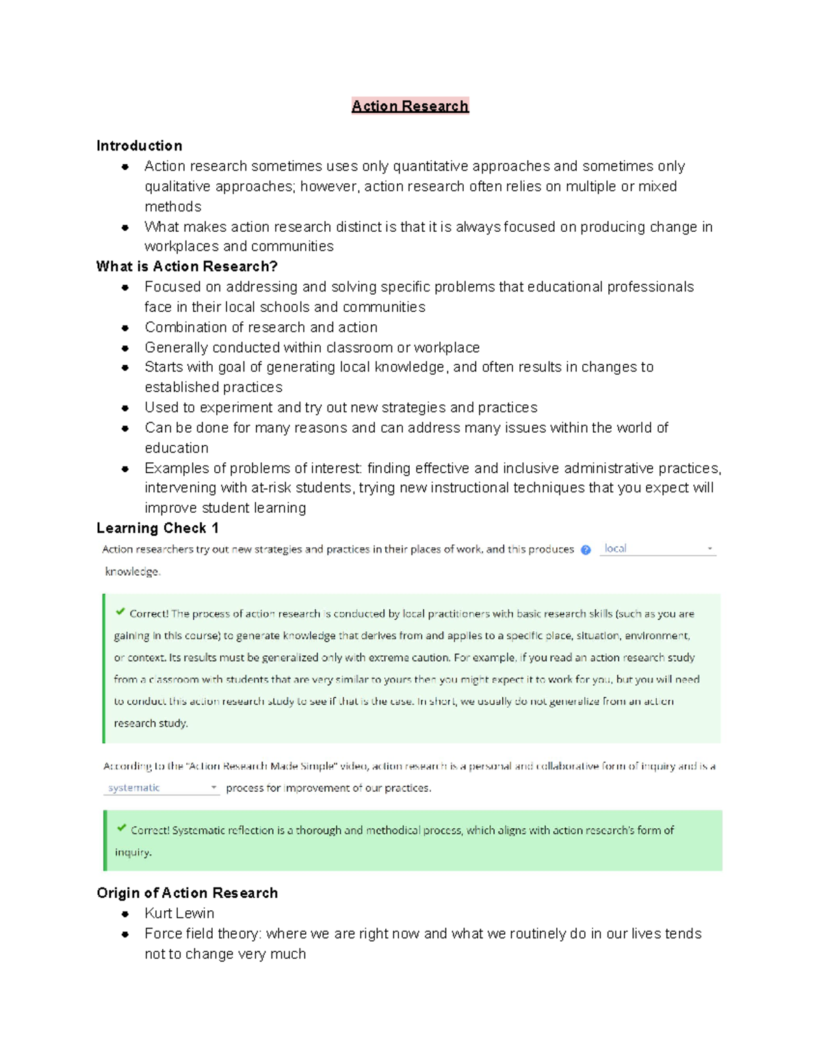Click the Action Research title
pyautogui.click(x=410, y=106)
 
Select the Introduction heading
pyautogui.click(x=139, y=146)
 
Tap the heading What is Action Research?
pyautogui.click(x=187, y=267)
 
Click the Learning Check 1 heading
pyautogui.click(x=157, y=528)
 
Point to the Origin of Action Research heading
pyautogui.click(x=187, y=893)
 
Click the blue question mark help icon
pyautogui.click(x=586, y=550)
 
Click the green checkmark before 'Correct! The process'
pyautogui.click(x=120, y=612)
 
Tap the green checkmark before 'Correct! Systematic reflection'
pyautogui.click(x=121, y=828)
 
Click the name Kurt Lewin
pyautogui.click(x=179, y=914)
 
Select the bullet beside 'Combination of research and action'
pyautogui.click(x=125, y=328)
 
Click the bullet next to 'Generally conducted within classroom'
pyautogui.click(x=125, y=348)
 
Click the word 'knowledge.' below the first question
pyautogui.click(x=133, y=572)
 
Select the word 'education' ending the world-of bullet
pyautogui.click(x=177, y=448)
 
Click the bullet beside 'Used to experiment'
pyautogui.click(x=125, y=408)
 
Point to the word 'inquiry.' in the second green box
pyautogui.click(x=133, y=853)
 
